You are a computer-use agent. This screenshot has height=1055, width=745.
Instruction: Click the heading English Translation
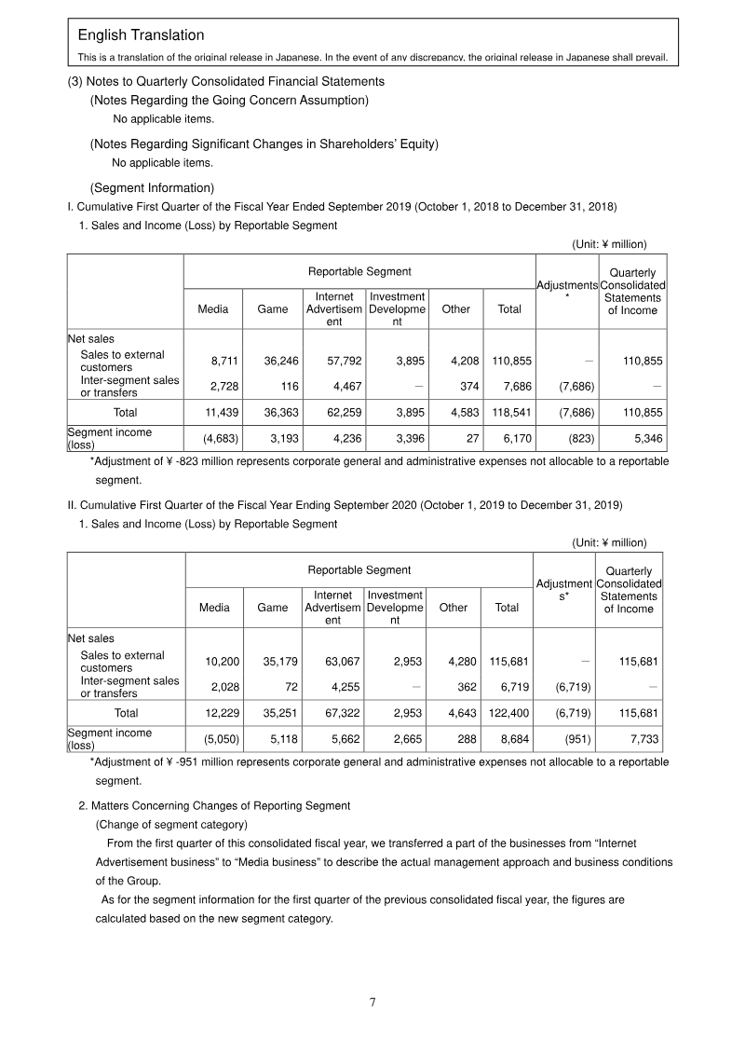tap(141, 35)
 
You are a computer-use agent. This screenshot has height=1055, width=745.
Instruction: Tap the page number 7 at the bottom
tap(372, 1002)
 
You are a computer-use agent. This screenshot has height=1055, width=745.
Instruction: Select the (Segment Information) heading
tap(152, 187)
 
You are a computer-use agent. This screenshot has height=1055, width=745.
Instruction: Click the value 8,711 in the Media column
tap(213, 361)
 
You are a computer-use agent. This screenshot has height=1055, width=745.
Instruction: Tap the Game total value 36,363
tap(271, 410)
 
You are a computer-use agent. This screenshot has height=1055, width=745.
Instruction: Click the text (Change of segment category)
tap(171, 824)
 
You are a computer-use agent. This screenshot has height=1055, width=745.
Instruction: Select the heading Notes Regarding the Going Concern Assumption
tap(229, 100)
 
